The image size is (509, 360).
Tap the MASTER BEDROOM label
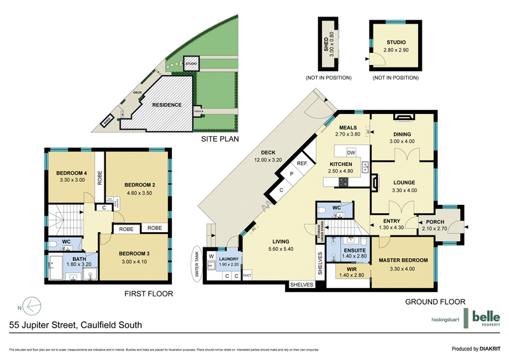(x=403, y=261)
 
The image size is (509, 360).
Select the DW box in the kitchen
(x=351, y=153)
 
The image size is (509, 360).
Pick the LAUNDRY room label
(x=228, y=259)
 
